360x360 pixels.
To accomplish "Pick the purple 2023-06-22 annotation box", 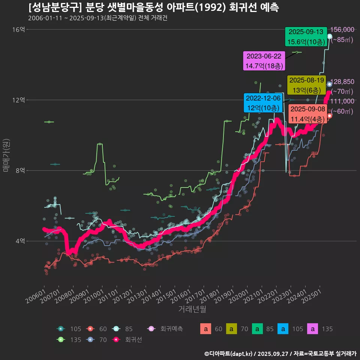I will [264, 61].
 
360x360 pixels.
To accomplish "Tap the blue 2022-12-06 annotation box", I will [263, 103].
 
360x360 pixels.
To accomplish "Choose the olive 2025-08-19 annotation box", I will [306, 85].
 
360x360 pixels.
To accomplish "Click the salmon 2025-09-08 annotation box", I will [308, 114].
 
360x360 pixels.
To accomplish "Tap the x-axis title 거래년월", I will [192, 309].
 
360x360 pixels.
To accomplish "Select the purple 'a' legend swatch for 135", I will [313, 329].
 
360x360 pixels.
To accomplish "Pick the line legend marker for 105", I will [61, 329].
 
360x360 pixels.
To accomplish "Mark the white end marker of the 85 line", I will [330, 36].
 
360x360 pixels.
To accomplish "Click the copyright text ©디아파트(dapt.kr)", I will [229, 353].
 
